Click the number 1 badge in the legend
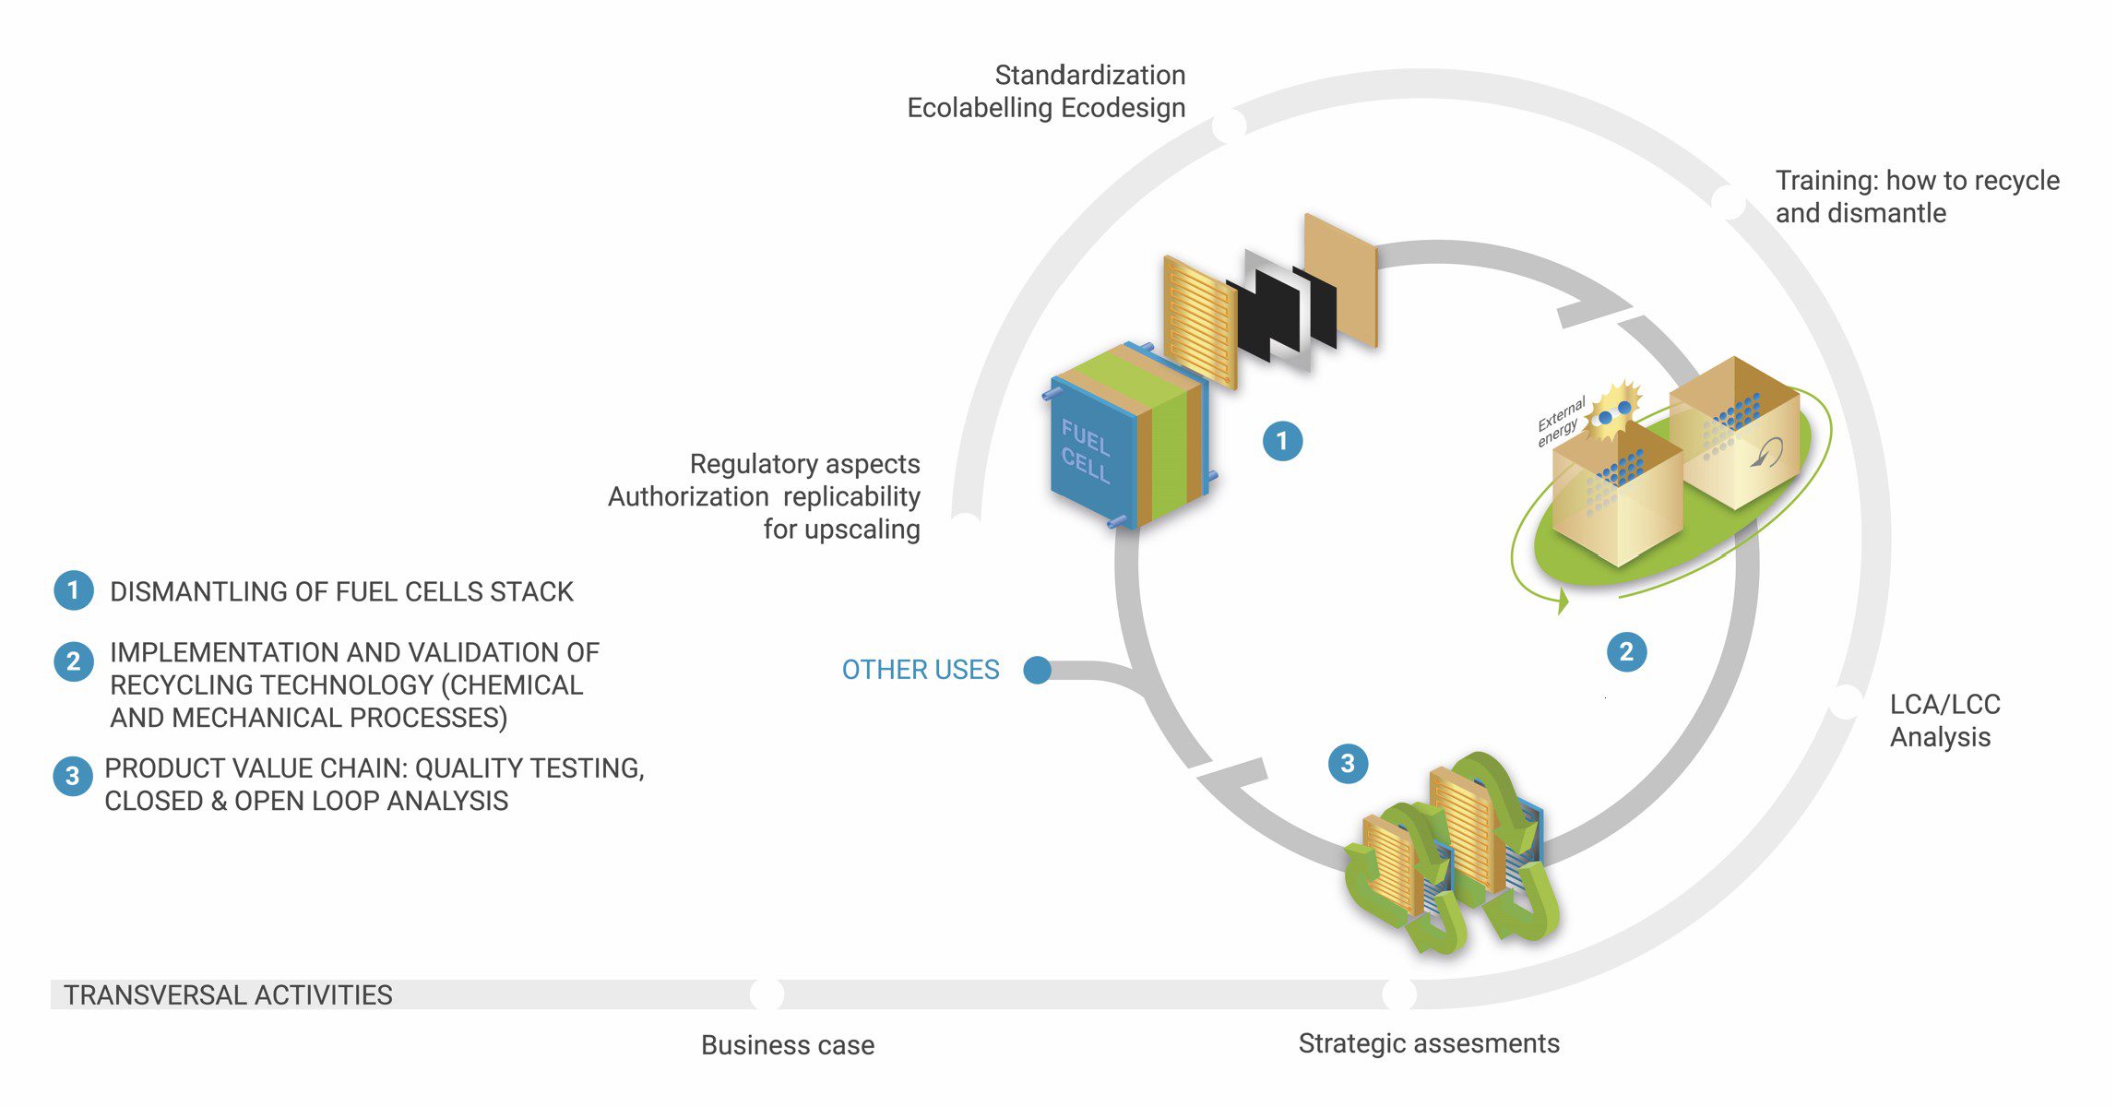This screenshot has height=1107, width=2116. (x=73, y=590)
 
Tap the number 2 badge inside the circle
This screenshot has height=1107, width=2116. (x=1626, y=652)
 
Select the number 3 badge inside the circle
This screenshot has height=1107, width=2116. (x=1348, y=764)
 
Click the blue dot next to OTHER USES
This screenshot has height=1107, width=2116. (x=1038, y=670)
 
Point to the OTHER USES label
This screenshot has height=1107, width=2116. (x=921, y=670)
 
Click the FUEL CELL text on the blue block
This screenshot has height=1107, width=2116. (x=1085, y=451)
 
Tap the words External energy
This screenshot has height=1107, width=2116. (x=1560, y=422)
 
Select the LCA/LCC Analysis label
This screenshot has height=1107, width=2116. (x=1944, y=720)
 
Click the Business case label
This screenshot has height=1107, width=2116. (x=788, y=1045)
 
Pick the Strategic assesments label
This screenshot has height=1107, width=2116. (x=1429, y=1043)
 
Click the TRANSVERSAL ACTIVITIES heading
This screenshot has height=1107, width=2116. (x=228, y=995)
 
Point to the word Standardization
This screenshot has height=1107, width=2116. (x=1089, y=75)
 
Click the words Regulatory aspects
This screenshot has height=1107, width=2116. (x=804, y=463)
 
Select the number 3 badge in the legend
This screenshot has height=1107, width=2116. (x=73, y=777)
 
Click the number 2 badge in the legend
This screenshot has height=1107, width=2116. (x=73, y=661)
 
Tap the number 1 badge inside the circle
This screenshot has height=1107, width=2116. (x=1282, y=441)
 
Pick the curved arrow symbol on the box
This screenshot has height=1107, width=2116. (x=1766, y=452)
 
